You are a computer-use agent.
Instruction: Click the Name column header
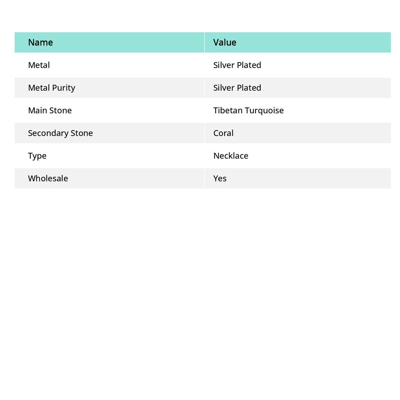40,43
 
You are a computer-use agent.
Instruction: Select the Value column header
225,43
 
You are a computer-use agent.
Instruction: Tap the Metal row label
39,65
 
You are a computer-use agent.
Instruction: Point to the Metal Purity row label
52,88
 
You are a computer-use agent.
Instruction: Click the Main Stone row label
50,111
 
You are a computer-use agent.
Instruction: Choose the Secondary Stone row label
60,133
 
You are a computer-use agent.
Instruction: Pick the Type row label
37,156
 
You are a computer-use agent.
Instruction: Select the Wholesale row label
48,179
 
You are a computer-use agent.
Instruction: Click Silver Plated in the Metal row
237,65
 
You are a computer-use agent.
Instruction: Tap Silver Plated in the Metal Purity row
237,88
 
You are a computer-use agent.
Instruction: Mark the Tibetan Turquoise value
248,111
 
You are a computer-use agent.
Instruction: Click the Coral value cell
223,133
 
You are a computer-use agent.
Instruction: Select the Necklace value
230,156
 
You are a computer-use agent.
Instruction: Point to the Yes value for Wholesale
220,179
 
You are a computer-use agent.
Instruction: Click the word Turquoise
264,111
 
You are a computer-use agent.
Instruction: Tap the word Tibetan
228,111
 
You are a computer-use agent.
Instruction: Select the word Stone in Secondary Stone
82,133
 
